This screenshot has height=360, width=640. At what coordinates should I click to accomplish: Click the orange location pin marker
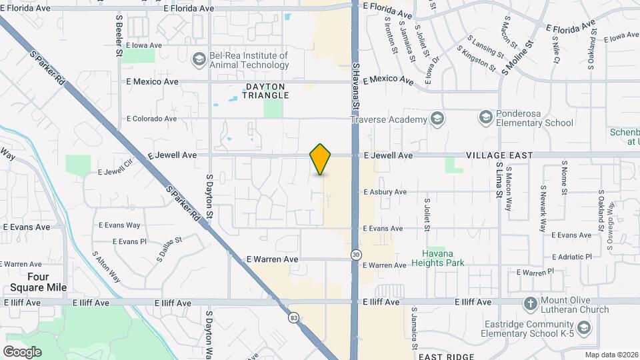point(321,159)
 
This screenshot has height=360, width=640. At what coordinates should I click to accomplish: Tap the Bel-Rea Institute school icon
point(198,60)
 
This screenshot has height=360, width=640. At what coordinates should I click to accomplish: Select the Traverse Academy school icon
point(437,119)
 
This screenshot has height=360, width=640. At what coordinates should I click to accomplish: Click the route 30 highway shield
point(356,255)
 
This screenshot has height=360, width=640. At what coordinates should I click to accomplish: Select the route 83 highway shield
point(294,318)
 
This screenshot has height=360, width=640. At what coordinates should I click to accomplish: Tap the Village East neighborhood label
point(499,155)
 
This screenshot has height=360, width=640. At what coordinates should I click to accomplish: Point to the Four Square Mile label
point(38,282)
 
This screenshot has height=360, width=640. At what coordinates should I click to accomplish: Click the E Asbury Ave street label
point(385,192)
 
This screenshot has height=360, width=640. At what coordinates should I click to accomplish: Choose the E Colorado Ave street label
point(151,119)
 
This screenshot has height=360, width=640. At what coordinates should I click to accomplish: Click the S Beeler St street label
point(119,33)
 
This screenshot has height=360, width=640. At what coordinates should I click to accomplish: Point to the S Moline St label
point(519,58)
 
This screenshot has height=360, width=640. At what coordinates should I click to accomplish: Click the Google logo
point(22,351)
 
